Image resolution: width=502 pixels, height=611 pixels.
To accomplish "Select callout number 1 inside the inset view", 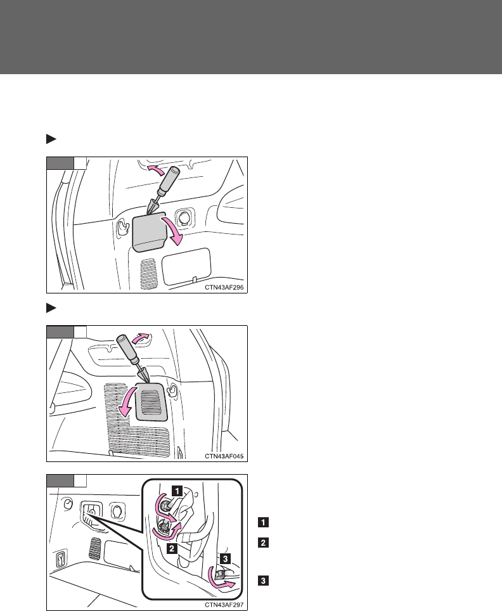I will pos(179,490).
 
